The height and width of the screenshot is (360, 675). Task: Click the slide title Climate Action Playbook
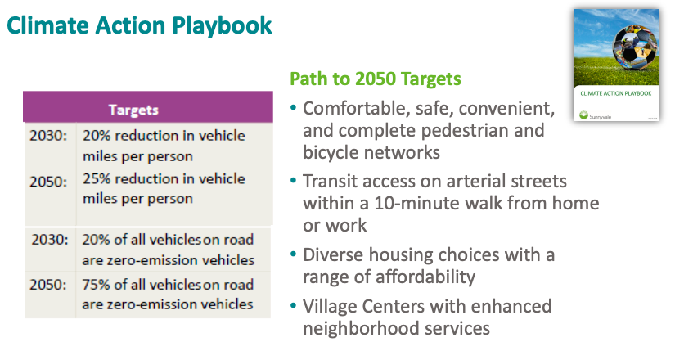point(139,25)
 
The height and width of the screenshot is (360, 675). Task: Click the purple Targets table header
point(147,107)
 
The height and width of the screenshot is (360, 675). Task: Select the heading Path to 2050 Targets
point(376,79)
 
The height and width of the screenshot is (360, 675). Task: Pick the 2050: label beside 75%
point(48,285)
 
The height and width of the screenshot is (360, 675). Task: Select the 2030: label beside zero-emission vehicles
point(50,240)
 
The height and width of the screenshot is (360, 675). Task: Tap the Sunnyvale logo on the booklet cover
point(583,115)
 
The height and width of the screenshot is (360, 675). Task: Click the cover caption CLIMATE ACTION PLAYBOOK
point(615,93)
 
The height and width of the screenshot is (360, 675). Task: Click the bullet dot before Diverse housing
point(294,254)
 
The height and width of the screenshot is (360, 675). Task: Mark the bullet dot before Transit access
point(294,181)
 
